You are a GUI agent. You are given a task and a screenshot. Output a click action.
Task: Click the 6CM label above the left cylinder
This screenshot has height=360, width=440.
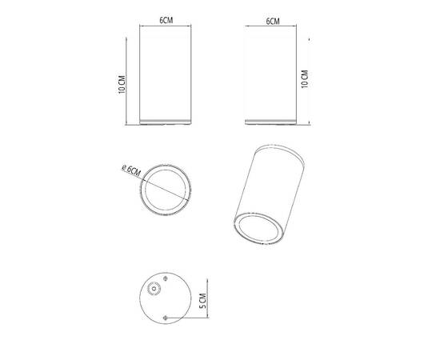(166, 21)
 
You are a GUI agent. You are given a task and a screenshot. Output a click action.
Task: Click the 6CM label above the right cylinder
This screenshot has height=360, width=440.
(273, 21)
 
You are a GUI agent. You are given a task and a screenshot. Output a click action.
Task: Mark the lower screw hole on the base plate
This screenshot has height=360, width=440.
(166, 318)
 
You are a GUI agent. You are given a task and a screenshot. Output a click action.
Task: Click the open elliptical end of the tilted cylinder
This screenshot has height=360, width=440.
(256, 229)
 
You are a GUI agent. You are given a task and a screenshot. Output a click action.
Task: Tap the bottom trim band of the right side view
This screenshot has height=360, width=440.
(273, 122)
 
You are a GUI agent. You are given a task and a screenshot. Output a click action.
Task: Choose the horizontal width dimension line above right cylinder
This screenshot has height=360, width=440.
(273, 27)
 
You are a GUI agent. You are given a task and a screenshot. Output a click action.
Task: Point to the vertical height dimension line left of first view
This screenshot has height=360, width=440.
(128, 79)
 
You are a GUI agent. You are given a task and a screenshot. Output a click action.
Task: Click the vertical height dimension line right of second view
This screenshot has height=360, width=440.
(311, 79)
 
